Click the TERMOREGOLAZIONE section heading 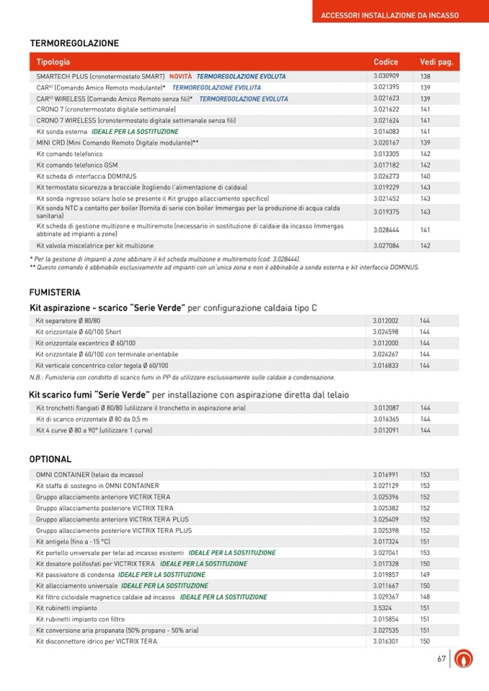pos(74,43)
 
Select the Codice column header pos(386,62)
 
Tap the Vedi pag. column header pos(436,62)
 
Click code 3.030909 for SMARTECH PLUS pos(386,76)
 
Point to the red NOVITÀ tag pos(180,76)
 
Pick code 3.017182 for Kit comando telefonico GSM pos(386,165)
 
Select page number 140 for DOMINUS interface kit pos(426,176)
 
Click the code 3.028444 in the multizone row pos(386,230)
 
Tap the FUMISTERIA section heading pos(55,293)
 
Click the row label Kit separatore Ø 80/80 pos(69,321)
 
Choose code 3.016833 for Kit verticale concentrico pos(386,365)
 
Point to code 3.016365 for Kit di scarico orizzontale pos(386,419)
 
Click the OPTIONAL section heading pos(50,459)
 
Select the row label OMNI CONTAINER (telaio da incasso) pos(89,475)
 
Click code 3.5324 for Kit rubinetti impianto pos(382,608)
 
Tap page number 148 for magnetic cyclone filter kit pos(426,597)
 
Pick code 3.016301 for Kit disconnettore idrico pos(386,641)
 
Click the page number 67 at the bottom pos(441,659)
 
